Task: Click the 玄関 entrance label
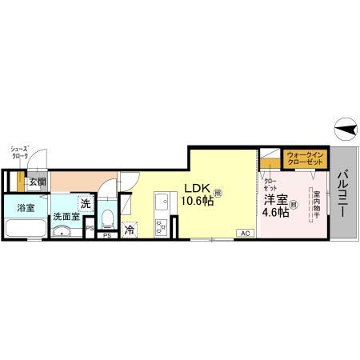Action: pos(38,182)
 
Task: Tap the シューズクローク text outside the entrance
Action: pos(19,152)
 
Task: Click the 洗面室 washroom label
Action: pos(66,216)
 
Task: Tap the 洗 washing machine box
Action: pos(85,203)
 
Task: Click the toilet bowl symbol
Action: pos(109,217)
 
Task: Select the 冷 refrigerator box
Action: pos(129,231)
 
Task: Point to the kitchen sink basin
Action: pos(160,200)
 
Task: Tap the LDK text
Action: pos(197,189)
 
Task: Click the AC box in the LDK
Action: pos(244,233)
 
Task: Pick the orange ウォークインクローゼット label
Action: pos(304,157)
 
